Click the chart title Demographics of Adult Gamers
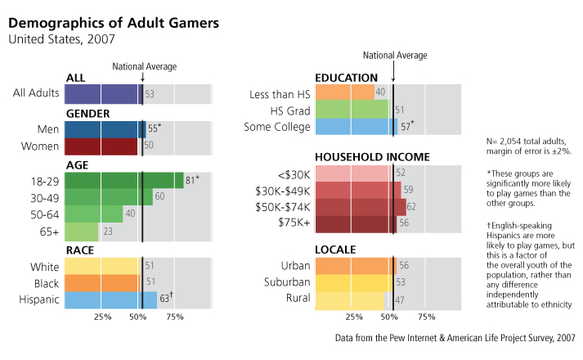(x=114, y=22)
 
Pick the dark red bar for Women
(x=101, y=146)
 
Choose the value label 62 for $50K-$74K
(x=412, y=207)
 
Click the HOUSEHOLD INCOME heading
(x=368, y=156)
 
